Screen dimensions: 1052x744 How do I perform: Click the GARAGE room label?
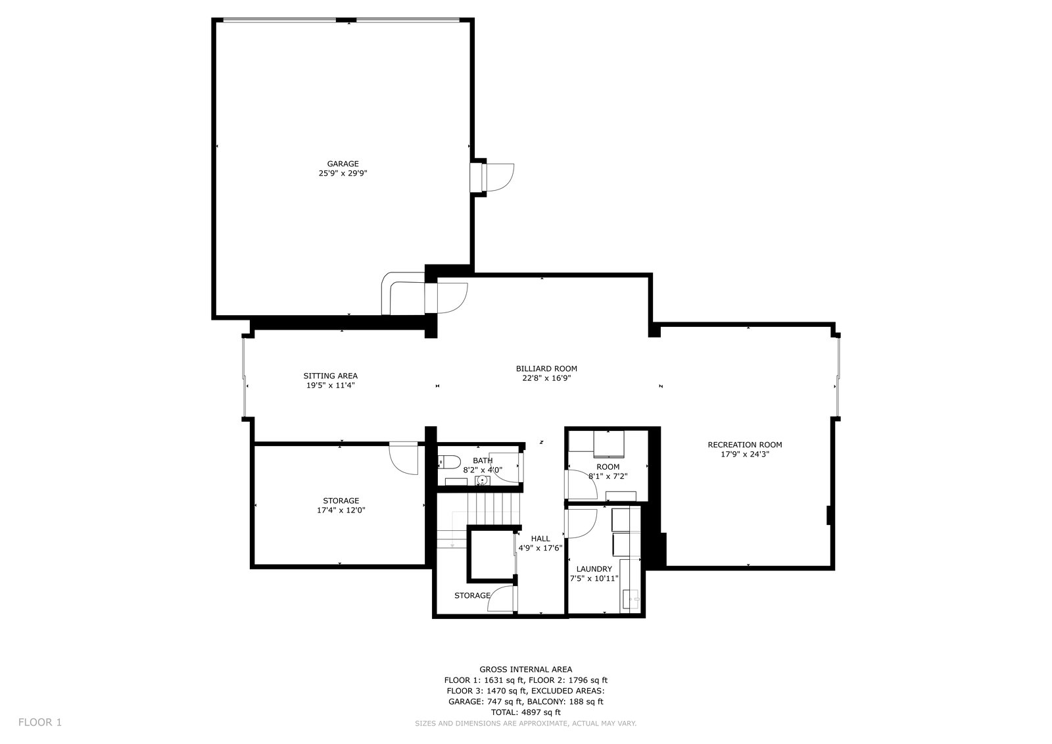tap(343, 164)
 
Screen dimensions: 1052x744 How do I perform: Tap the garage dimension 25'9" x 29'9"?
tap(343, 173)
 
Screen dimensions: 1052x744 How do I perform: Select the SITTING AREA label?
tap(330, 376)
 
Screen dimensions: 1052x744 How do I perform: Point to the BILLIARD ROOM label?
tap(546, 369)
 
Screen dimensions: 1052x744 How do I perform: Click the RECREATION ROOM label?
tap(745, 445)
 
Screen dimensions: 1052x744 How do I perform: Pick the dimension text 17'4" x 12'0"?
tap(341, 510)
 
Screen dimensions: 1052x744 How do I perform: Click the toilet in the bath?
tap(448, 462)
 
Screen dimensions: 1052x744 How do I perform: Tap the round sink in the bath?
tap(482, 480)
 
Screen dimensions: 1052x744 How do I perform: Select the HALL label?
tap(540, 539)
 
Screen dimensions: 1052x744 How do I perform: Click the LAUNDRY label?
tap(594, 569)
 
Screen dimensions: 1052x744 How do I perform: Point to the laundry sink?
tap(631, 599)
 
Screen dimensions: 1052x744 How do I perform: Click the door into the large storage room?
tap(404, 459)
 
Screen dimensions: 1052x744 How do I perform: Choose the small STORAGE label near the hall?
tap(473, 595)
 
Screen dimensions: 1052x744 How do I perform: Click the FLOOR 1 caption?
tap(40, 722)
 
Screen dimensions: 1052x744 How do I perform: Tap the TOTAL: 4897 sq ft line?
tap(526, 712)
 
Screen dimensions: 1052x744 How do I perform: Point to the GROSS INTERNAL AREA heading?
tap(526, 669)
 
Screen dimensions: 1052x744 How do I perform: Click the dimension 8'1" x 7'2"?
tap(608, 476)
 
